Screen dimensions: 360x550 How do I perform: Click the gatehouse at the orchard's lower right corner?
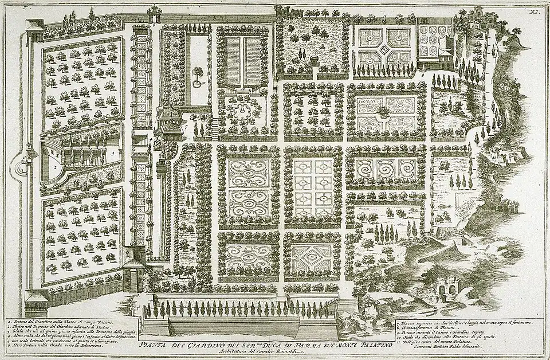(135, 269)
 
